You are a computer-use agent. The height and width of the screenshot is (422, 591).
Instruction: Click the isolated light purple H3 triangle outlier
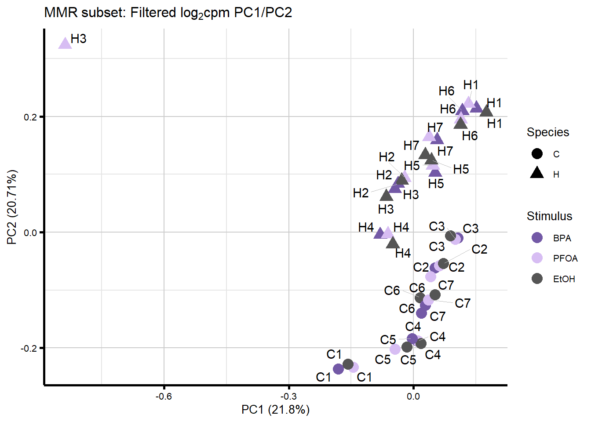[x=65, y=43]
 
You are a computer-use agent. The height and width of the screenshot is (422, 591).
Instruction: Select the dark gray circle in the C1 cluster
[x=348, y=364]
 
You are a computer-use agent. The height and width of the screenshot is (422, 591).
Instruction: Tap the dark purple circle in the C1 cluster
[x=338, y=369]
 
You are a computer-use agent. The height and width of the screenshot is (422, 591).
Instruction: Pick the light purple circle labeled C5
[x=395, y=349]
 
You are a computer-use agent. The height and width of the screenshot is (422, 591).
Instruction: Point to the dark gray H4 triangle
[x=393, y=242]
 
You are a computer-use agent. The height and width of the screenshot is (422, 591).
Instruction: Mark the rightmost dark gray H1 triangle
[x=486, y=111]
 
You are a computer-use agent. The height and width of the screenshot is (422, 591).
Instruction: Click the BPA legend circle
[x=537, y=238]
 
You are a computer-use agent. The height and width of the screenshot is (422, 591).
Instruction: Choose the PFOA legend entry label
[x=565, y=258]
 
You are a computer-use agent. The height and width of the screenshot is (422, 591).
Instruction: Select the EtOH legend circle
[x=537, y=279]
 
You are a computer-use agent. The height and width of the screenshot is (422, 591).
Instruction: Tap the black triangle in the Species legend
[x=537, y=173]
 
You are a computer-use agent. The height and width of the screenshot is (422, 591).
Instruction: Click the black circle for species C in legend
[x=537, y=154]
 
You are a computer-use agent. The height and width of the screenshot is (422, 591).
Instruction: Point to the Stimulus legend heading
[x=549, y=216]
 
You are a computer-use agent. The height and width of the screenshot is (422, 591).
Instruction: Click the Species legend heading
[x=547, y=132]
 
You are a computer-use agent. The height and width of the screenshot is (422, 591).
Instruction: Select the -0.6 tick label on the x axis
[x=164, y=397]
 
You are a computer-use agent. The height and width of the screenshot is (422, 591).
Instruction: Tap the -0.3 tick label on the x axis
[x=288, y=397]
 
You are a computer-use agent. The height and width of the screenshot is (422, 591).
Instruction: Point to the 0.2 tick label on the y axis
[x=30, y=117]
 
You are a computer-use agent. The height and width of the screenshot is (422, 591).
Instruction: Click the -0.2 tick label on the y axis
[x=29, y=348]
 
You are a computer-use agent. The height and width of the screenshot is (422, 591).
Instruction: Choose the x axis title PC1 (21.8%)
[x=275, y=410]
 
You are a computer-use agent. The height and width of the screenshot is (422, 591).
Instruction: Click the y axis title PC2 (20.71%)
[x=12, y=207]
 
